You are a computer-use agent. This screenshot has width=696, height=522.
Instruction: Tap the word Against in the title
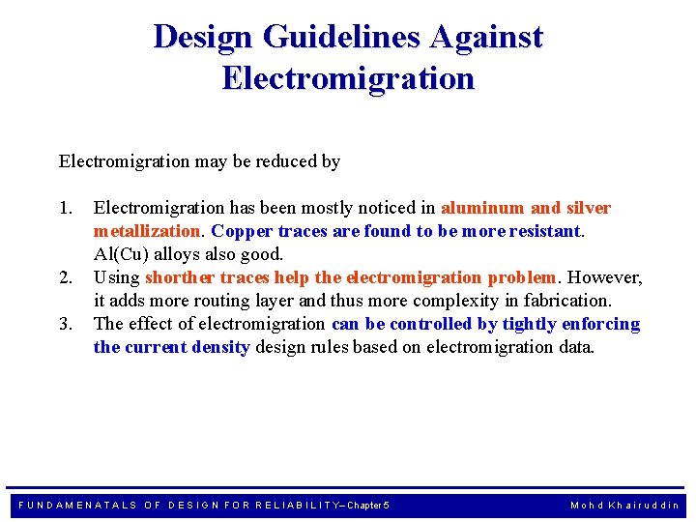(487, 37)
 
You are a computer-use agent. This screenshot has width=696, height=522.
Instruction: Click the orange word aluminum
(483, 208)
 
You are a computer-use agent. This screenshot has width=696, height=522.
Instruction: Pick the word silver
(588, 208)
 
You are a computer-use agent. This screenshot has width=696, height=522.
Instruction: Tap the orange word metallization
(147, 231)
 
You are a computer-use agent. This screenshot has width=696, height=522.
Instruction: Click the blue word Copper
(242, 231)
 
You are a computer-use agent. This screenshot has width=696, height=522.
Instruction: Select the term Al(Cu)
(120, 254)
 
